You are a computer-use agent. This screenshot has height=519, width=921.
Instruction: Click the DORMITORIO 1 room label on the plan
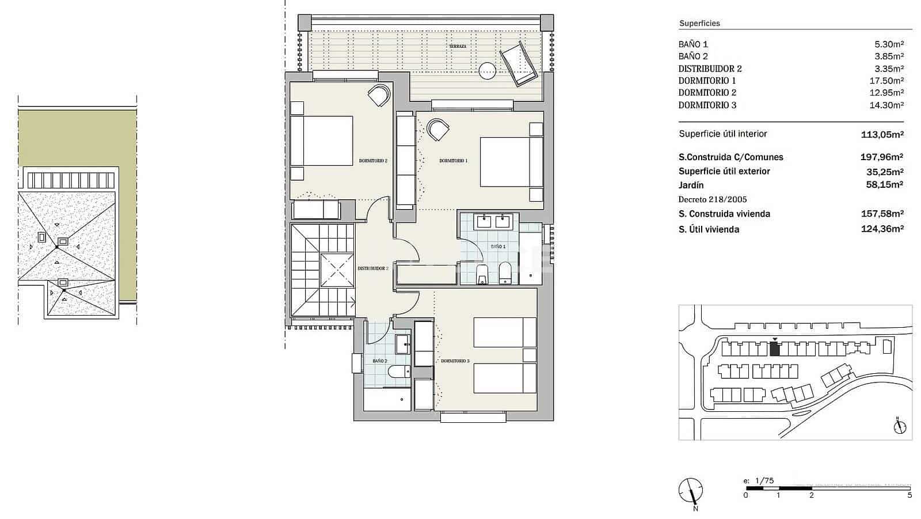click(453, 161)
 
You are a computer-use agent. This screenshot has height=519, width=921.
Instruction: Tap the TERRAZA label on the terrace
click(458, 46)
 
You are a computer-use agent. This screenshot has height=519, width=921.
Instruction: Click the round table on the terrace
click(487, 71)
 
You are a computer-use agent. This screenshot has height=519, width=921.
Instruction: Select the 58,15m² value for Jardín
click(884, 185)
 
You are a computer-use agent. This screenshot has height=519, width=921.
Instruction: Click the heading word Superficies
click(699, 24)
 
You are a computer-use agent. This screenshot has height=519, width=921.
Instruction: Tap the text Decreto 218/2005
click(713, 199)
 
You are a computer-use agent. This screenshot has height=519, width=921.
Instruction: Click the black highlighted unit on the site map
click(775, 349)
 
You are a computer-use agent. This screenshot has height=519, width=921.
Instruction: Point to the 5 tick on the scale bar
click(909, 494)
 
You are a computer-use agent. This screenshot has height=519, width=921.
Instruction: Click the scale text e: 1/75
click(758, 480)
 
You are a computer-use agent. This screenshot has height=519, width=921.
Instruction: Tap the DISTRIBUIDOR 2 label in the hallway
click(372, 268)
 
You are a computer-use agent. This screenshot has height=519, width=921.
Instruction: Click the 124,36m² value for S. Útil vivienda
click(884, 229)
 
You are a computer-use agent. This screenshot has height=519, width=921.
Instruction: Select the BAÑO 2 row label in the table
click(693, 56)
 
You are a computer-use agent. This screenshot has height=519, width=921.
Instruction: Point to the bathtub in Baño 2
click(387, 400)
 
